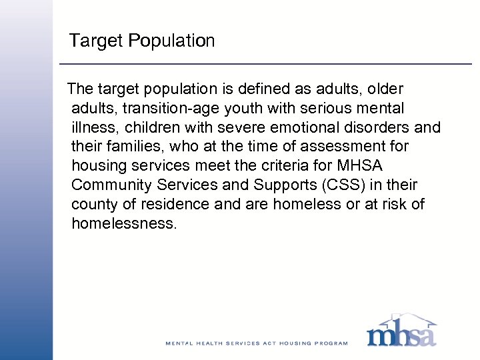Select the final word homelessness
[124, 223]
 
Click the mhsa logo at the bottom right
[401, 331]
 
